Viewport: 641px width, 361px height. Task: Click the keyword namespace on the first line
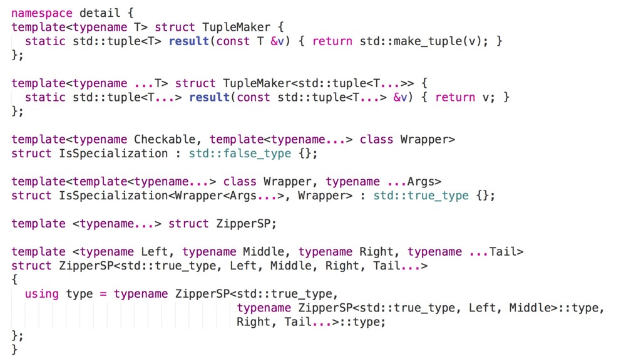41,13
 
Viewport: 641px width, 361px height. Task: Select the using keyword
42,293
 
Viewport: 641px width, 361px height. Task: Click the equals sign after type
103,293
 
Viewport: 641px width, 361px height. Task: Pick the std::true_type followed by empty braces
421,196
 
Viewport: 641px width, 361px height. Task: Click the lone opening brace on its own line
15,280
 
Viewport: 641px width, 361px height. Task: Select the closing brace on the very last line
15,350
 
